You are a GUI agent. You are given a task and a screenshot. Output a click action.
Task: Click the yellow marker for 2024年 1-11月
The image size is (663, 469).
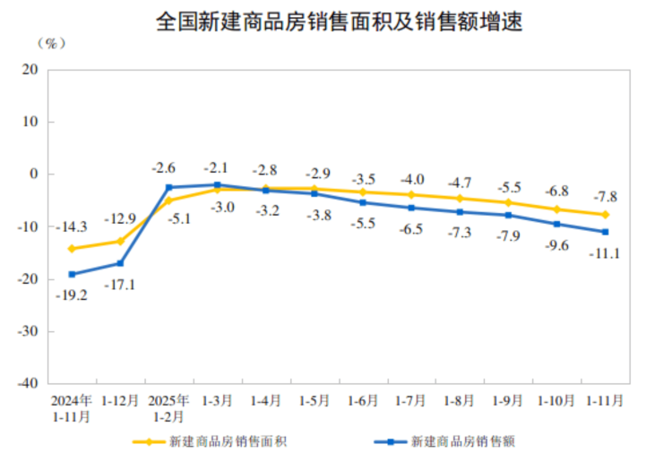(72, 249)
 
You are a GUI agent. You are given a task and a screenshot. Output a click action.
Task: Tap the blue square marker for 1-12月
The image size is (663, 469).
(120, 263)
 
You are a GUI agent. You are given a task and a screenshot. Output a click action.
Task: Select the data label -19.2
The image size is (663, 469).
(71, 294)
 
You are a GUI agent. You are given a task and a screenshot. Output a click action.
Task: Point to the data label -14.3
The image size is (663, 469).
(71, 227)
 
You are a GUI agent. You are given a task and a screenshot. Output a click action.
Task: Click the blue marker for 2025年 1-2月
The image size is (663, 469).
(168, 187)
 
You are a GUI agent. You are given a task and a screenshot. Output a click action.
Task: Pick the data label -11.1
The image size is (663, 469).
(607, 253)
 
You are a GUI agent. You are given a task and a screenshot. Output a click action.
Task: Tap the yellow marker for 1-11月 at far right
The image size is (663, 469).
(606, 215)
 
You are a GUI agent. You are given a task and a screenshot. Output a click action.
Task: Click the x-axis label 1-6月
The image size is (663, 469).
(363, 400)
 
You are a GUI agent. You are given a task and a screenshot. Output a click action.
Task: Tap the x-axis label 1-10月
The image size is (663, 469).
(556, 400)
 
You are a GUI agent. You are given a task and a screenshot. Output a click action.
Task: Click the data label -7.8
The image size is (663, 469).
(606, 197)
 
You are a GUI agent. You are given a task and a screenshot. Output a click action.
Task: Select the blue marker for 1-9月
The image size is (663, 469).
(508, 215)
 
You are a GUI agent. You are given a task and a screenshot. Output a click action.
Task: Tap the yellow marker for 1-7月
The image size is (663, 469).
(411, 195)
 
